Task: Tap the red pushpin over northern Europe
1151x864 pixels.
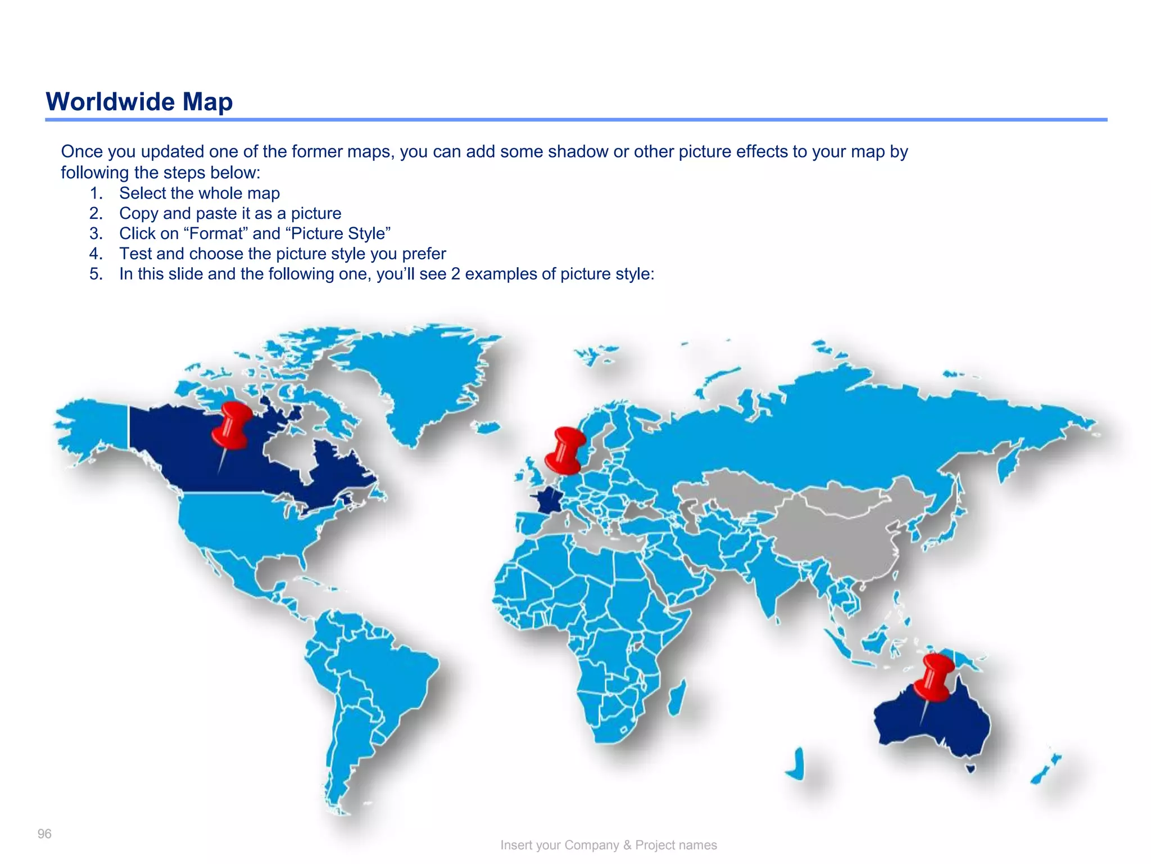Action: tap(568, 451)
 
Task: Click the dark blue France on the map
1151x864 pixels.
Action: tap(549, 500)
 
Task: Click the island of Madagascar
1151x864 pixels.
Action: tap(677, 697)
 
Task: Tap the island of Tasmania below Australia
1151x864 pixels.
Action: tap(970, 768)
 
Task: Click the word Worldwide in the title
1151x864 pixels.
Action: tap(110, 102)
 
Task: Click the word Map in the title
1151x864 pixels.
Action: tap(207, 102)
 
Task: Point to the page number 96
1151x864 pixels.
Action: tap(44, 834)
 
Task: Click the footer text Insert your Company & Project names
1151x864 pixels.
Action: tap(608, 845)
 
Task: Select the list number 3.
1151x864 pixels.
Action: tap(96, 233)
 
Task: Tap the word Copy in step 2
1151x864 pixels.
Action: tap(138, 214)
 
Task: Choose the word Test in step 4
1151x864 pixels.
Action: tap(135, 254)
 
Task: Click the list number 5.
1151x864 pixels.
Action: tap(96, 274)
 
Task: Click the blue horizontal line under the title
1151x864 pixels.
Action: tap(575, 120)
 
